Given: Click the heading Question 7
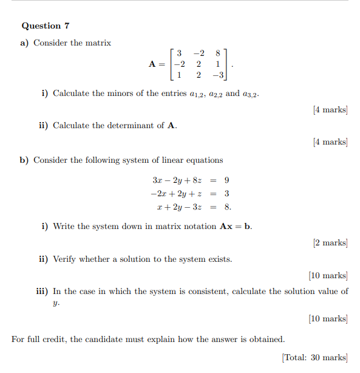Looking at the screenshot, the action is (x=46, y=26).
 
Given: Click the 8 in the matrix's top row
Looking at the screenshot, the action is (x=217, y=53).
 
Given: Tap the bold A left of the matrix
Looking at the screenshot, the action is (x=152, y=64).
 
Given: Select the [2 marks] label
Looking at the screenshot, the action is (x=330, y=243).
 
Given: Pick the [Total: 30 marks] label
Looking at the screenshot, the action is (x=315, y=357).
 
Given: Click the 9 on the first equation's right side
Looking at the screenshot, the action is (x=226, y=180).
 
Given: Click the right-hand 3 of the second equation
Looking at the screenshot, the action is (x=226, y=194).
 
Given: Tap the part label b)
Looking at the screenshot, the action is (x=24, y=160).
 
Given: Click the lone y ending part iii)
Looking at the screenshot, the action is (x=56, y=303).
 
